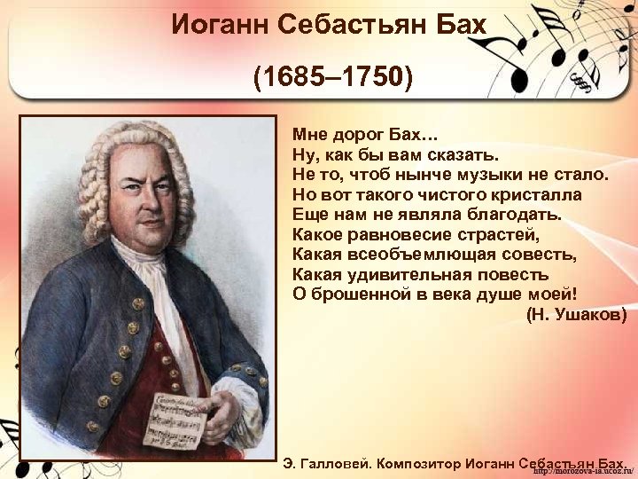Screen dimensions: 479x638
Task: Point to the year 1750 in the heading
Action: (x=371, y=77)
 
